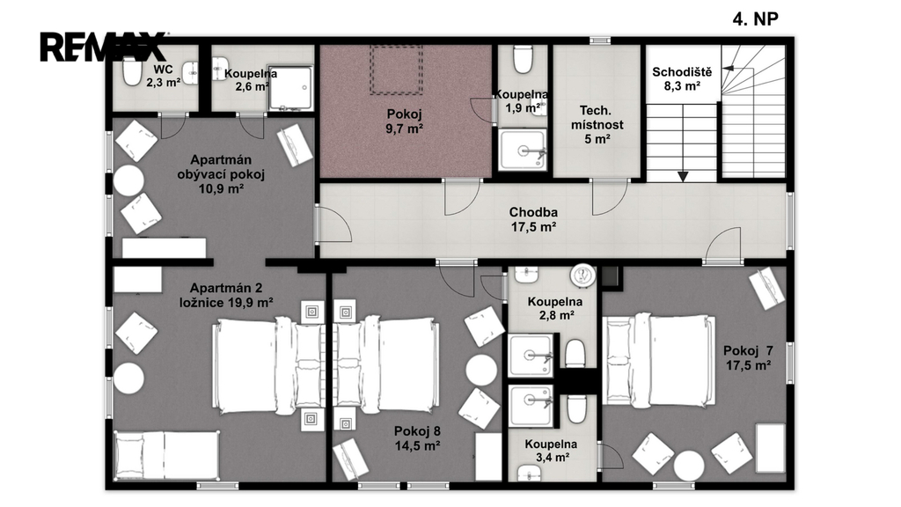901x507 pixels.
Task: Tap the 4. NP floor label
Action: [x=755, y=19]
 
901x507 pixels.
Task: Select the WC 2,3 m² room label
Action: [x=163, y=76]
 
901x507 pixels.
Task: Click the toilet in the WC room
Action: [x=132, y=71]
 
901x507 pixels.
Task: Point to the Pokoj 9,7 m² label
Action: [x=405, y=121]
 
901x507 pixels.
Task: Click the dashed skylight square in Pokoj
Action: [x=396, y=70]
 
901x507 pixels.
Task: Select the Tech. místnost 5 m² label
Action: [x=597, y=124]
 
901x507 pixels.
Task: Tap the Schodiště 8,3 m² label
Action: [x=682, y=79]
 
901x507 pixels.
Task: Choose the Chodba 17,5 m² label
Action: [x=533, y=219]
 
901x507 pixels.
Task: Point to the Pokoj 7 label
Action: [x=748, y=350]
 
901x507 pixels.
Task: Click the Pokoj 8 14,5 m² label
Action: [x=417, y=438]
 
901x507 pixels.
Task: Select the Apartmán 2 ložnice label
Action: [x=226, y=295]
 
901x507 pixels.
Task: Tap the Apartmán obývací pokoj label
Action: [x=221, y=174]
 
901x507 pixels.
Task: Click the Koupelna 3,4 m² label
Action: [x=551, y=451]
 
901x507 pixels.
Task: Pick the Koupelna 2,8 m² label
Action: [x=554, y=308]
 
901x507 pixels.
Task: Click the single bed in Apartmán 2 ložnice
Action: [x=166, y=455]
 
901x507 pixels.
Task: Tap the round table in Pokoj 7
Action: [x=688, y=465]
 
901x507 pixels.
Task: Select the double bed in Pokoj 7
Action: [x=659, y=360]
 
